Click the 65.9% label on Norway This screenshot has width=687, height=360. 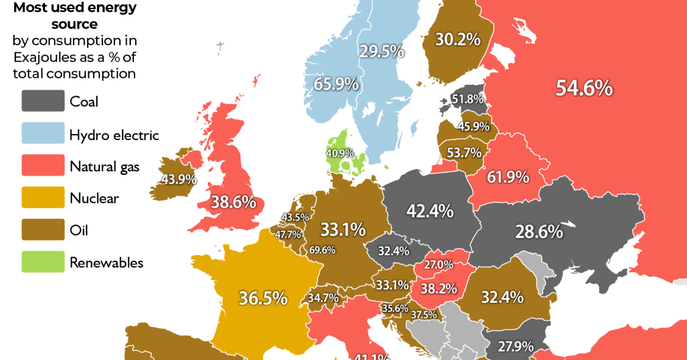[336, 84]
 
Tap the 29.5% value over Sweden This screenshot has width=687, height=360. [381, 51]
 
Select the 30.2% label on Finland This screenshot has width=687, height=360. [457, 40]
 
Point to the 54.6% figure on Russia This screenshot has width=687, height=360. [583, 88]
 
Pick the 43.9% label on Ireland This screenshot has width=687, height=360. [178, 180]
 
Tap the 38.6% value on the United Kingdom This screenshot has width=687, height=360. [233, 202]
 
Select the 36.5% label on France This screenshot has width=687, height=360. [262, 298]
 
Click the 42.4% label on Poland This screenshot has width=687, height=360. [430, 211]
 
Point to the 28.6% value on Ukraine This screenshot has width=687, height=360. [538, 231]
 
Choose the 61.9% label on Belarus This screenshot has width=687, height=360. [508, 178]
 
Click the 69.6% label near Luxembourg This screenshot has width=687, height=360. [322, 250]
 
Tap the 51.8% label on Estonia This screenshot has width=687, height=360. [468, 99]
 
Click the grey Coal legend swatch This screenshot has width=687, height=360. [43, 101]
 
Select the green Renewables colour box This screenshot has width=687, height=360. [43, 263]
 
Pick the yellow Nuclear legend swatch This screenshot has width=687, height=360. [43, 197]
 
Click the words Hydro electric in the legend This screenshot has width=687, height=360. [114, 134]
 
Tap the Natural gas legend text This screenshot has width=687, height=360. [104, 166]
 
